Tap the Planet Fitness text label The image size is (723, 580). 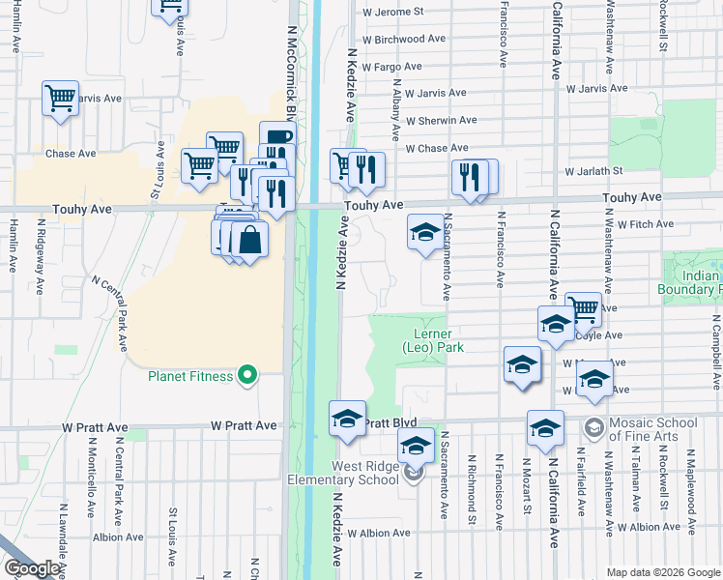coord(190,376)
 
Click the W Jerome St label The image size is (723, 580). coord(392,13)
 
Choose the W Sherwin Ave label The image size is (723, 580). coord(441,121)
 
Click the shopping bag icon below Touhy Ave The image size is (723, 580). coord(249,240)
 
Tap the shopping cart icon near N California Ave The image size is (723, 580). coord(583,308)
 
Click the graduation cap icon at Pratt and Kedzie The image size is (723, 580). coord(348,419)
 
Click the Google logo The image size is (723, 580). coord(32,569)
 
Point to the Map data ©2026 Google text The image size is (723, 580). coord(662,572)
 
